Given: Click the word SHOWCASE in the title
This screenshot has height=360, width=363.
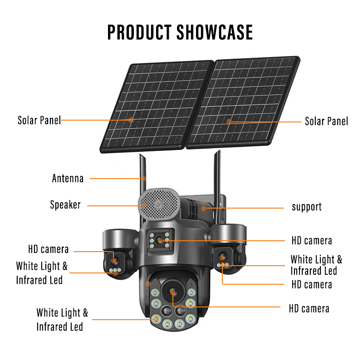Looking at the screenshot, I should [x=215, y=32].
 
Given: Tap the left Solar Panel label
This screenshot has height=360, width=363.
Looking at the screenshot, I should [x=39, y=121].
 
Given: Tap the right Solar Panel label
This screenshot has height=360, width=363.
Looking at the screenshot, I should [x=326, y=121].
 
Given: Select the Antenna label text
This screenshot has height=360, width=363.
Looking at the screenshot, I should [x=68, y=178].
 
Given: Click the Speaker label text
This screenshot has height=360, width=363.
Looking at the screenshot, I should [x=65, y=205].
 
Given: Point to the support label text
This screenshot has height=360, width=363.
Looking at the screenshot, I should [x=307, y=207].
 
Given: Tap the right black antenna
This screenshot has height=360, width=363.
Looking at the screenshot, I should [x=217, y=172].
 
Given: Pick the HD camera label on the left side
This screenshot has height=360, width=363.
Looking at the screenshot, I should [x=49, y=249].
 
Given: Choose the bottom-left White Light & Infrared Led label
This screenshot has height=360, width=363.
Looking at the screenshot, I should [x=62, y=319].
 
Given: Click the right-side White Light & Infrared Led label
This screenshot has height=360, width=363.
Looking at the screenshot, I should [x=316, y=265].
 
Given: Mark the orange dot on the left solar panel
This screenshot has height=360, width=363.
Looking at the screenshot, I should [x=131, y=120].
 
